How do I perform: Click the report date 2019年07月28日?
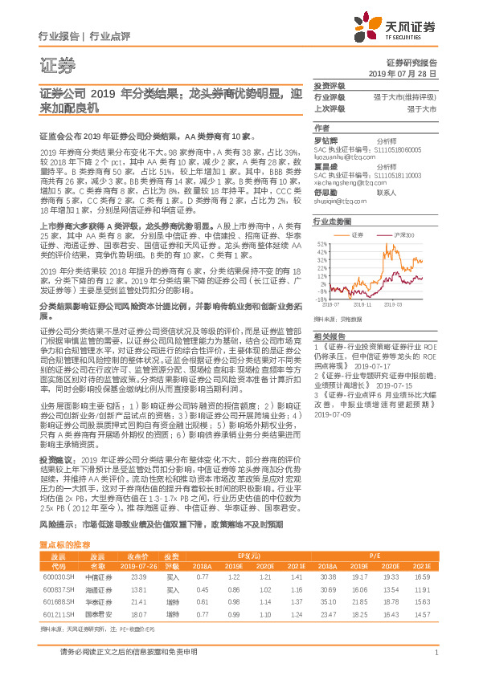407,73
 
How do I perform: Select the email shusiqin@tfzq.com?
338,202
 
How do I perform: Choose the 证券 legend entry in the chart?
358,234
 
